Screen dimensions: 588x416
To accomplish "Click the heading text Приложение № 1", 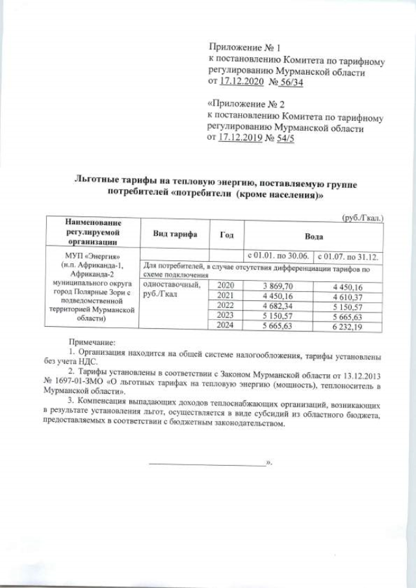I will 244,48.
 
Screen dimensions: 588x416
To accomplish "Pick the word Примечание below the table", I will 92,342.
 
